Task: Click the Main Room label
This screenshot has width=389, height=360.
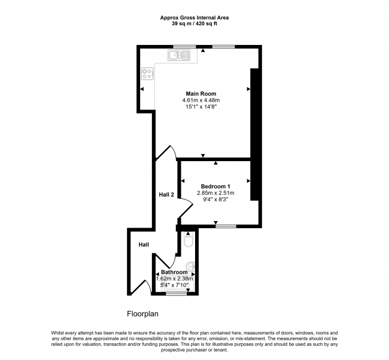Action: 201,93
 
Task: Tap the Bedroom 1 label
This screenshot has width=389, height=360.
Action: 215,186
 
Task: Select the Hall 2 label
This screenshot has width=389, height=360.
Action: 166,195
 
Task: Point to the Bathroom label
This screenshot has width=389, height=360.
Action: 174,272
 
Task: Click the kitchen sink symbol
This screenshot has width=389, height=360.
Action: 179,55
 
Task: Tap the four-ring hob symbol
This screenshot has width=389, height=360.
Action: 147,74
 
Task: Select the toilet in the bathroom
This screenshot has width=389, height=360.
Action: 189,240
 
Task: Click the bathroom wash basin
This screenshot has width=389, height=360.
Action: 191,267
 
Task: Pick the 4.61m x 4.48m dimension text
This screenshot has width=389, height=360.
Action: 201,100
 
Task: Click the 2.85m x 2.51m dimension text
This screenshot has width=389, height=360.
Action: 215,193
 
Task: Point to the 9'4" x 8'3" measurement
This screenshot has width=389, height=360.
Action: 215,199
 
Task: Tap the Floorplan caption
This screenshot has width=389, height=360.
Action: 142,314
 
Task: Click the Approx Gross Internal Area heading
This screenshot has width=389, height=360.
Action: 194,17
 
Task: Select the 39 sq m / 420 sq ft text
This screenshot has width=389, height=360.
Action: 194,24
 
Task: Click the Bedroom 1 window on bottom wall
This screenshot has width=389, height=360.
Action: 226,226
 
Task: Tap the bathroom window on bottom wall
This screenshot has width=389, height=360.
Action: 177,294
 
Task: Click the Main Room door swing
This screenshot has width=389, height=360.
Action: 167,151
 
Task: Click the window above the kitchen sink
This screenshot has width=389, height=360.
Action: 184,47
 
